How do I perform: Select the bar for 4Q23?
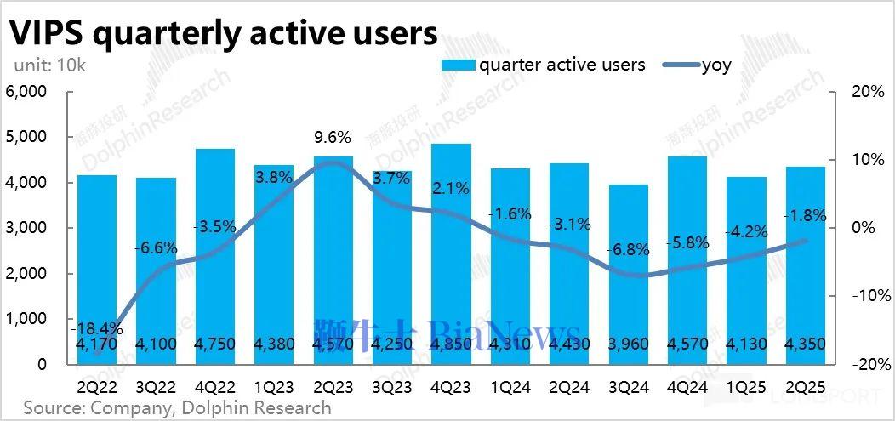coord(451,255)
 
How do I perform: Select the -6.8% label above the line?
coord(628,250)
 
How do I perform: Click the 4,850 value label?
coord(451,344)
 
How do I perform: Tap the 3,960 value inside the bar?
coord(628,344)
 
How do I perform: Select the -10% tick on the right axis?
coord(869,296)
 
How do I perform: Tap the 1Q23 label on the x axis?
coord(274,387)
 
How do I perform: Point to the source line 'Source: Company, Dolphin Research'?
coord(177,408)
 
